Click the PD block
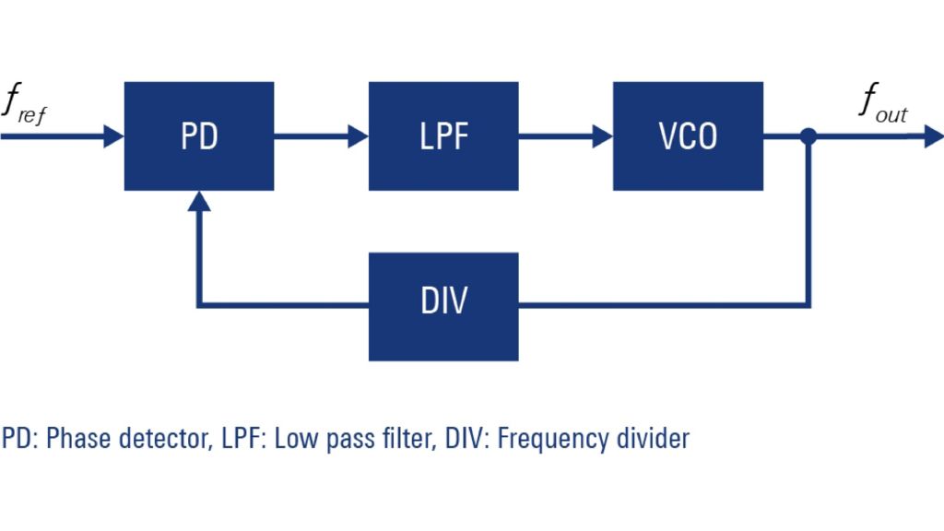tap(199, 136)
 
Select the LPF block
tap(443, 136)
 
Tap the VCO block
tap(688, 136)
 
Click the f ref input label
tap(22, 104)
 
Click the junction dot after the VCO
tap(808, 137)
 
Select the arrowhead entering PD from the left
tap(114, 137)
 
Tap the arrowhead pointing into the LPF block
tap(359, 137)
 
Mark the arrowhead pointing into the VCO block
tap(603, 137)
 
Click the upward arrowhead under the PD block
tap(199, 201)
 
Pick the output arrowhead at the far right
tap(932, 137)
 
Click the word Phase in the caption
tap(72, 438)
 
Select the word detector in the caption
tap(154, 438)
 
